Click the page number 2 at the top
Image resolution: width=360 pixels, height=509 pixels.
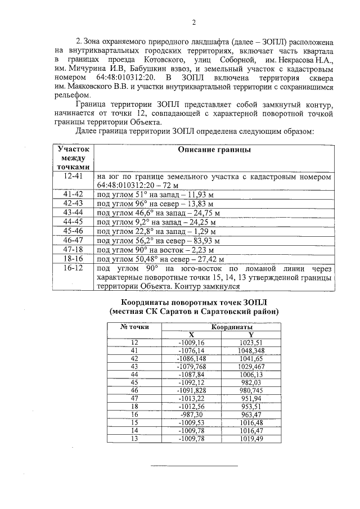[193, 22]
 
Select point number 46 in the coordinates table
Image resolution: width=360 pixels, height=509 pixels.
[134, 390]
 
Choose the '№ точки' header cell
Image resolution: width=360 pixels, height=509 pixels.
[134, 326]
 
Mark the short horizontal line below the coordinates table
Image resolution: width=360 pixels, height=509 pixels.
[193, 466]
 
